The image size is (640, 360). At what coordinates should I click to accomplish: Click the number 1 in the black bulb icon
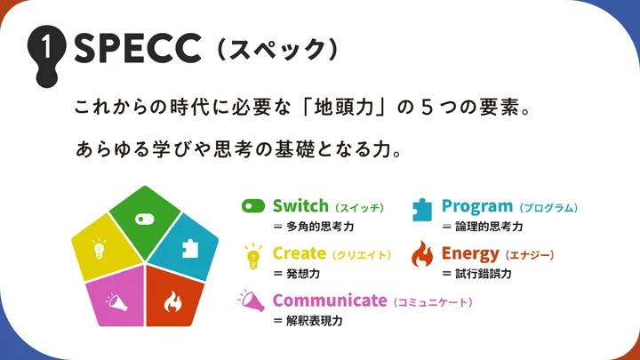click(47, 45)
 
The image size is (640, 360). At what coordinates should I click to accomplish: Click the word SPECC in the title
click(138, 49)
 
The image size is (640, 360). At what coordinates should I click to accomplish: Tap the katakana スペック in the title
click(277, 50)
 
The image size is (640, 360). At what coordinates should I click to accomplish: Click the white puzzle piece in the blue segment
click(190, 248)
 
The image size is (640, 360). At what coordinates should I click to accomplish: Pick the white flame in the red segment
click(173, 301)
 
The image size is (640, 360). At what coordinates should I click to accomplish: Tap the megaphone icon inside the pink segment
click(116, 301)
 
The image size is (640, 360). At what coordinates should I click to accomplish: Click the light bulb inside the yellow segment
click(100, 248)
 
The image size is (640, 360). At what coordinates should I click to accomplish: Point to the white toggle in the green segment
click(145, 220)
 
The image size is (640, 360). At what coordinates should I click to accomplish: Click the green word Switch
click(300, 205)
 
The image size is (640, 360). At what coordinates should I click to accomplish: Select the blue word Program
click(477, 207)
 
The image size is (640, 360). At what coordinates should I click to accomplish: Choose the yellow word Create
click(300, 253)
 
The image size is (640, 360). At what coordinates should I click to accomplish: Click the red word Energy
click(470, 254)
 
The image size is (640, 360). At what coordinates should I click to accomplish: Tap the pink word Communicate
click(330, 300)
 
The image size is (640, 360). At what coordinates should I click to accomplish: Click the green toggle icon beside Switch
click(253, 205)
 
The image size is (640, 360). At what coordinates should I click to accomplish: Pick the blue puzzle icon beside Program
click(422, 210)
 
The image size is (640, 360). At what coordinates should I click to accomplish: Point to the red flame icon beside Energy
click(422, 254)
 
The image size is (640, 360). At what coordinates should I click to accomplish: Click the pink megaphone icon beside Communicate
click(252, 300)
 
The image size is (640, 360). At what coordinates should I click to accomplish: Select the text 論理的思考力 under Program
click(489, 227)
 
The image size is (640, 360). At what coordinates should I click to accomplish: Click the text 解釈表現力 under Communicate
click(315, 321)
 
